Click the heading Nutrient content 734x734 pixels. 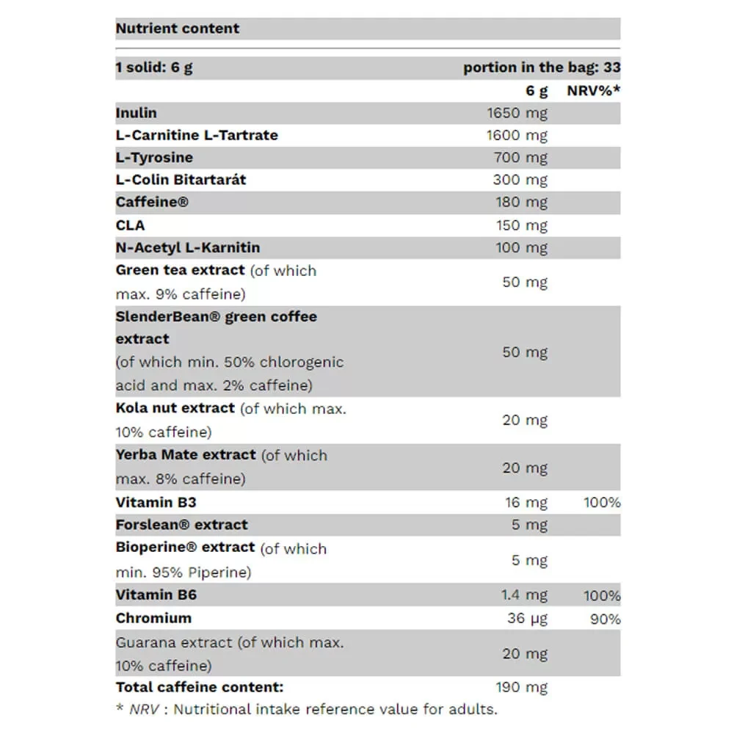tap(178, 29)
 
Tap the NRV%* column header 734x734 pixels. tap(594, 91)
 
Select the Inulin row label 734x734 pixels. tap(137, 113)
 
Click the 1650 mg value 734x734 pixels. tap(517, 113)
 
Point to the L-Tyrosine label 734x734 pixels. tap(154, 157)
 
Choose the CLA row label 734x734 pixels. tap(131, 225)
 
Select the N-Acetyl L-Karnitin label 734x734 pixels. tap(188, 247)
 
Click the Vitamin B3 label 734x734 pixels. tap(156, 503)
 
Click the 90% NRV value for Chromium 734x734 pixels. tap(605, 619)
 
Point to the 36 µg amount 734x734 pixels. tap(527, 618)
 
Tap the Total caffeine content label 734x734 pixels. tap(200, 688)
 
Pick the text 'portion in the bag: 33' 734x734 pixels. tap(542, 68)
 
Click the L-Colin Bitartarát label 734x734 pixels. tap(181, 180)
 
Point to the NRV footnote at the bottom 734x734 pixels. tap(307, 709)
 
